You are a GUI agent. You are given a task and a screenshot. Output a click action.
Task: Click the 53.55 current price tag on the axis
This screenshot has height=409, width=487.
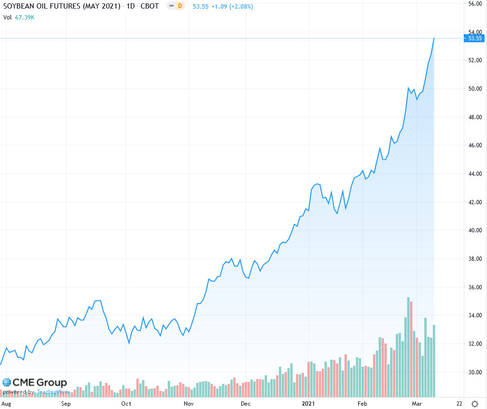pos(475,38)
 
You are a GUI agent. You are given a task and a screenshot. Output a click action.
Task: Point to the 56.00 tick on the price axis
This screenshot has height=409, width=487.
pos(475,3)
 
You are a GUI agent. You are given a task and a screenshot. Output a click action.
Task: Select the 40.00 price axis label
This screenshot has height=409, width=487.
pos(475,230)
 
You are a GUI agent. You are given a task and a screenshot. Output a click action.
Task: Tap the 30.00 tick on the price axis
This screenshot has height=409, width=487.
pos(475,372)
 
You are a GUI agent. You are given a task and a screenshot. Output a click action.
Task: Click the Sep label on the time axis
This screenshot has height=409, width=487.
pos(66,404)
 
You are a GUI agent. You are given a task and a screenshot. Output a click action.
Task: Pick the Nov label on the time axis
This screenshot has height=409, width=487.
pos(189,404)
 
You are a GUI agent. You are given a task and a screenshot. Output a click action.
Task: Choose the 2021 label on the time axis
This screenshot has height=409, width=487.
pos(309,404)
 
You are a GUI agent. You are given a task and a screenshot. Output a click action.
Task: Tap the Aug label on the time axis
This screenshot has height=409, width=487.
pos(6,404)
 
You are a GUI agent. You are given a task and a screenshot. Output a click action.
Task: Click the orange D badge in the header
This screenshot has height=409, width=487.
pos(180,7)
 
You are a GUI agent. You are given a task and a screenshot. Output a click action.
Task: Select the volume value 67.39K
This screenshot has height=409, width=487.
pos(25,18)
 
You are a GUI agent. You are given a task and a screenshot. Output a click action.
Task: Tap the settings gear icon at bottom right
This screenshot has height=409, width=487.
pos(475,404)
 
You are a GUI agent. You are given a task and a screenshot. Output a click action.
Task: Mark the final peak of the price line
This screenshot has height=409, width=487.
pos(434,38)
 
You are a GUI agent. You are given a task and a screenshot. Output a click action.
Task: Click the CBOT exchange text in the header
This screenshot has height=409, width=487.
pos(150,7)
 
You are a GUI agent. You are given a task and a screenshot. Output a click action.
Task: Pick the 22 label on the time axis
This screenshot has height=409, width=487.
pos(459,404)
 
